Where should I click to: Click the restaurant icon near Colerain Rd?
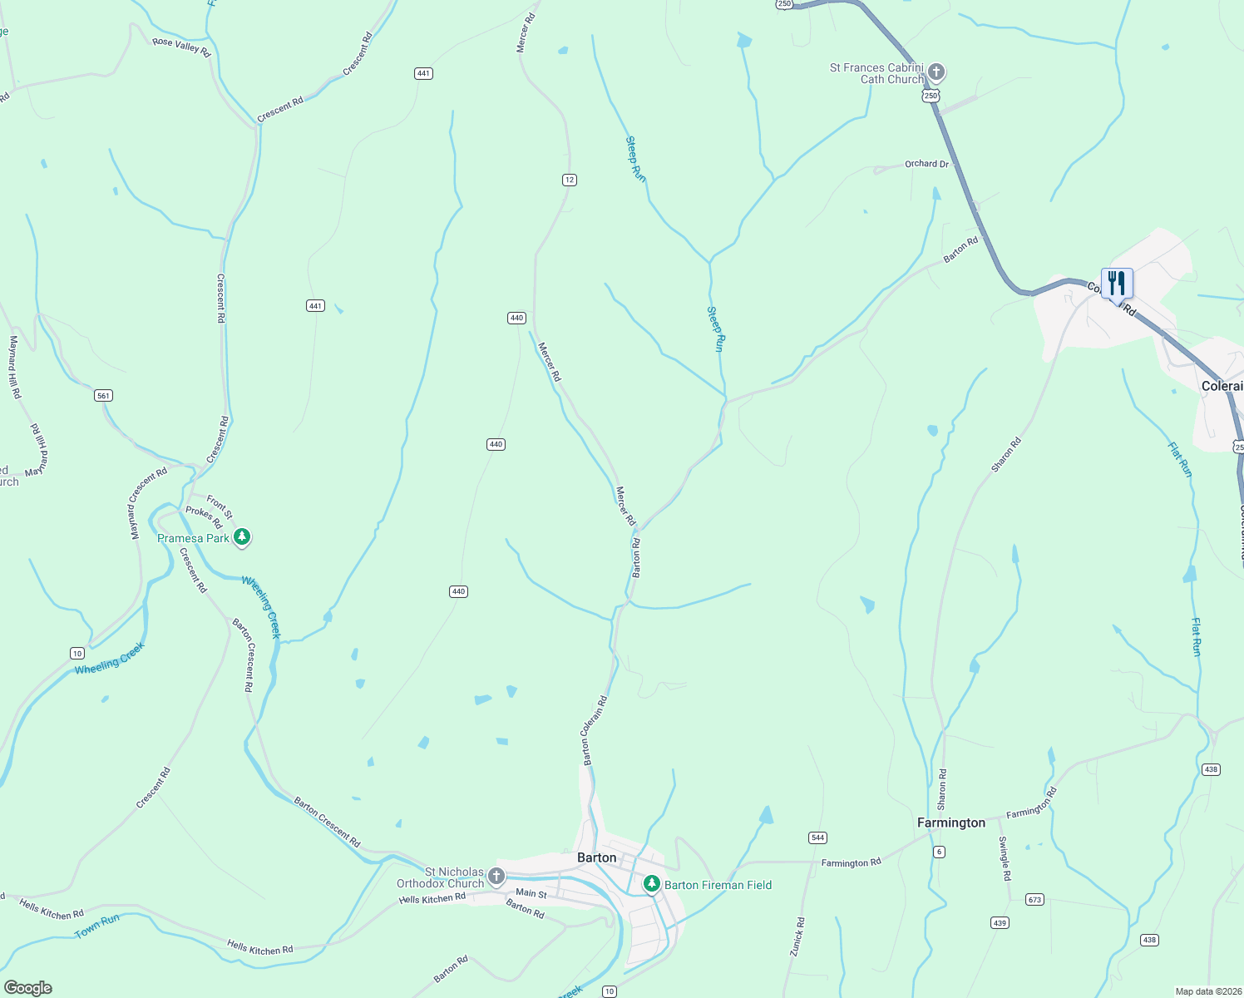tap(1117, 284)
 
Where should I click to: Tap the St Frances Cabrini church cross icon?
tap(936, 72)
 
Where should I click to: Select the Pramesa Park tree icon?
tap(242, 537)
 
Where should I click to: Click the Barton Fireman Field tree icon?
tap(652, 884)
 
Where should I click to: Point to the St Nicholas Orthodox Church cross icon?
tap(496, 876)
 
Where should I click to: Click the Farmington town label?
tap(950, 823)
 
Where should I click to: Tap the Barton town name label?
tap(597, 857)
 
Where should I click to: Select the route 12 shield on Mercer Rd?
tap(569, 180)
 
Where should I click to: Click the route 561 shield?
tap(103, 395)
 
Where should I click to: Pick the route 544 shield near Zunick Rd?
tap(817, 837)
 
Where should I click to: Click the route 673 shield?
tap(1034, 900)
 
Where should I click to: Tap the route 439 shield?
tap(1000, 923)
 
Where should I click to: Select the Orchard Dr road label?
tap(926, 164)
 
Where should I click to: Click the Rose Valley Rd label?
tap(181, 46)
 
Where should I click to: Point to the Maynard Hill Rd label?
tap(14, 367)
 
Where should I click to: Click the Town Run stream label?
tap(97, 926)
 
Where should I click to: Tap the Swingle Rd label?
tap(1005, 858)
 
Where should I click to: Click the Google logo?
tap(27, 988)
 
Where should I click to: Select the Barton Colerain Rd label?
tap(595, 730)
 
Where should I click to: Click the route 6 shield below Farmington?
tap(940, 852)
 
